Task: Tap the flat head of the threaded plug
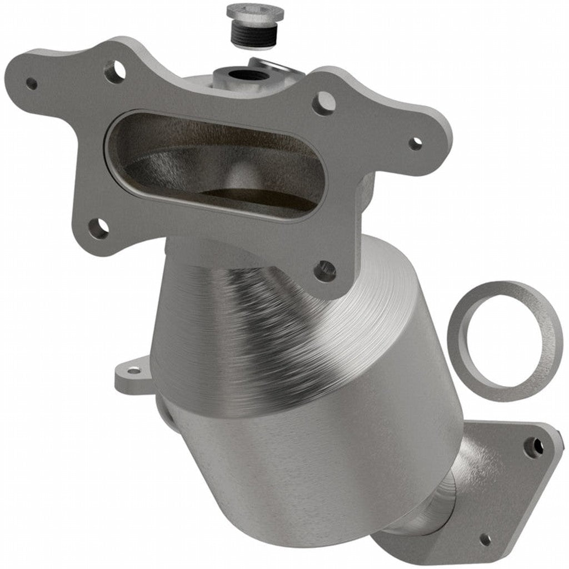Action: pos(255,12)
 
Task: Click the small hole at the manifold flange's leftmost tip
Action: pos(32,83)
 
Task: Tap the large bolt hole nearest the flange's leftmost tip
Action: pos(114,71)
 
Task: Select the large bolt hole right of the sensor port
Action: pos(323,103)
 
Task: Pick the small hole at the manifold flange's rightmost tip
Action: pos(416,143)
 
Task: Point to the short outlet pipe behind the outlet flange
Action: pos(439,500)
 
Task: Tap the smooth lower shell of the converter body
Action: pos(311,472)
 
